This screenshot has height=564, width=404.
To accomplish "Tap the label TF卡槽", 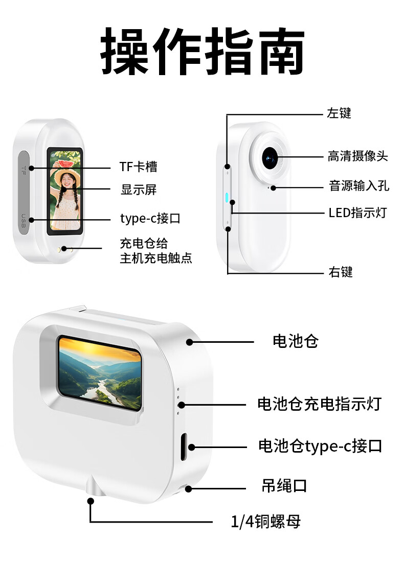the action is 138,167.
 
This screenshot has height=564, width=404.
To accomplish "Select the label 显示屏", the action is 138,190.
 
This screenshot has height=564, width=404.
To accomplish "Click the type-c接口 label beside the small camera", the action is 150,219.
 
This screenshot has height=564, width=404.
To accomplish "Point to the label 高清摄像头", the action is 357,156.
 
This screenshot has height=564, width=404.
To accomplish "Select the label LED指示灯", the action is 357,213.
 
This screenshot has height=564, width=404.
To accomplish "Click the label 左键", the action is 339,113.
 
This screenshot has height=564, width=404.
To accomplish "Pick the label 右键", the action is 340,272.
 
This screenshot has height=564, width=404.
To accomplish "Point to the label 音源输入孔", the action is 359,185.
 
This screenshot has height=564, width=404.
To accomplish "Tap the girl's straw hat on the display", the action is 65,177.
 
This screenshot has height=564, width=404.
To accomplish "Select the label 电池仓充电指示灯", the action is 319,405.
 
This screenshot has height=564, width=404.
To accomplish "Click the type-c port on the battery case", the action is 185,445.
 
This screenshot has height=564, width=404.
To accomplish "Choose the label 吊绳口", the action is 284,486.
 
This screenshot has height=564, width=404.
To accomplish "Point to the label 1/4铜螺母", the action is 265,522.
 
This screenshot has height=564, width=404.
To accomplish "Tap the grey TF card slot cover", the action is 24,192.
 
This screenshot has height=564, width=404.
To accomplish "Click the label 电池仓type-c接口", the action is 320,446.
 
